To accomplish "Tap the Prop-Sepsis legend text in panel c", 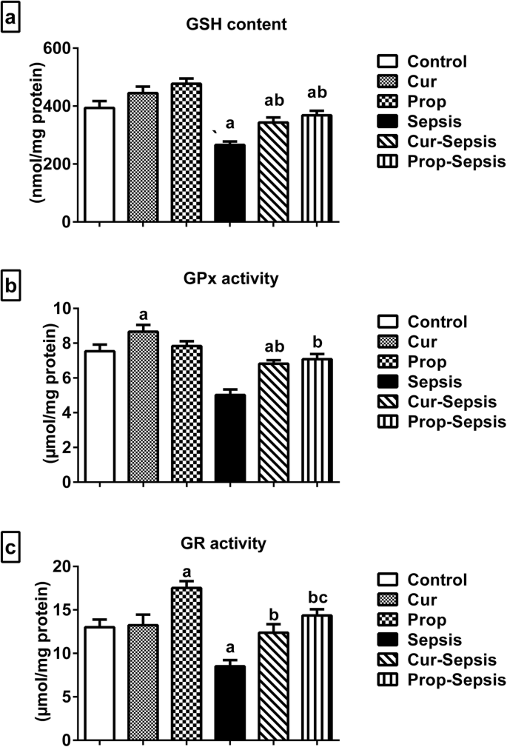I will coord(459,680).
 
